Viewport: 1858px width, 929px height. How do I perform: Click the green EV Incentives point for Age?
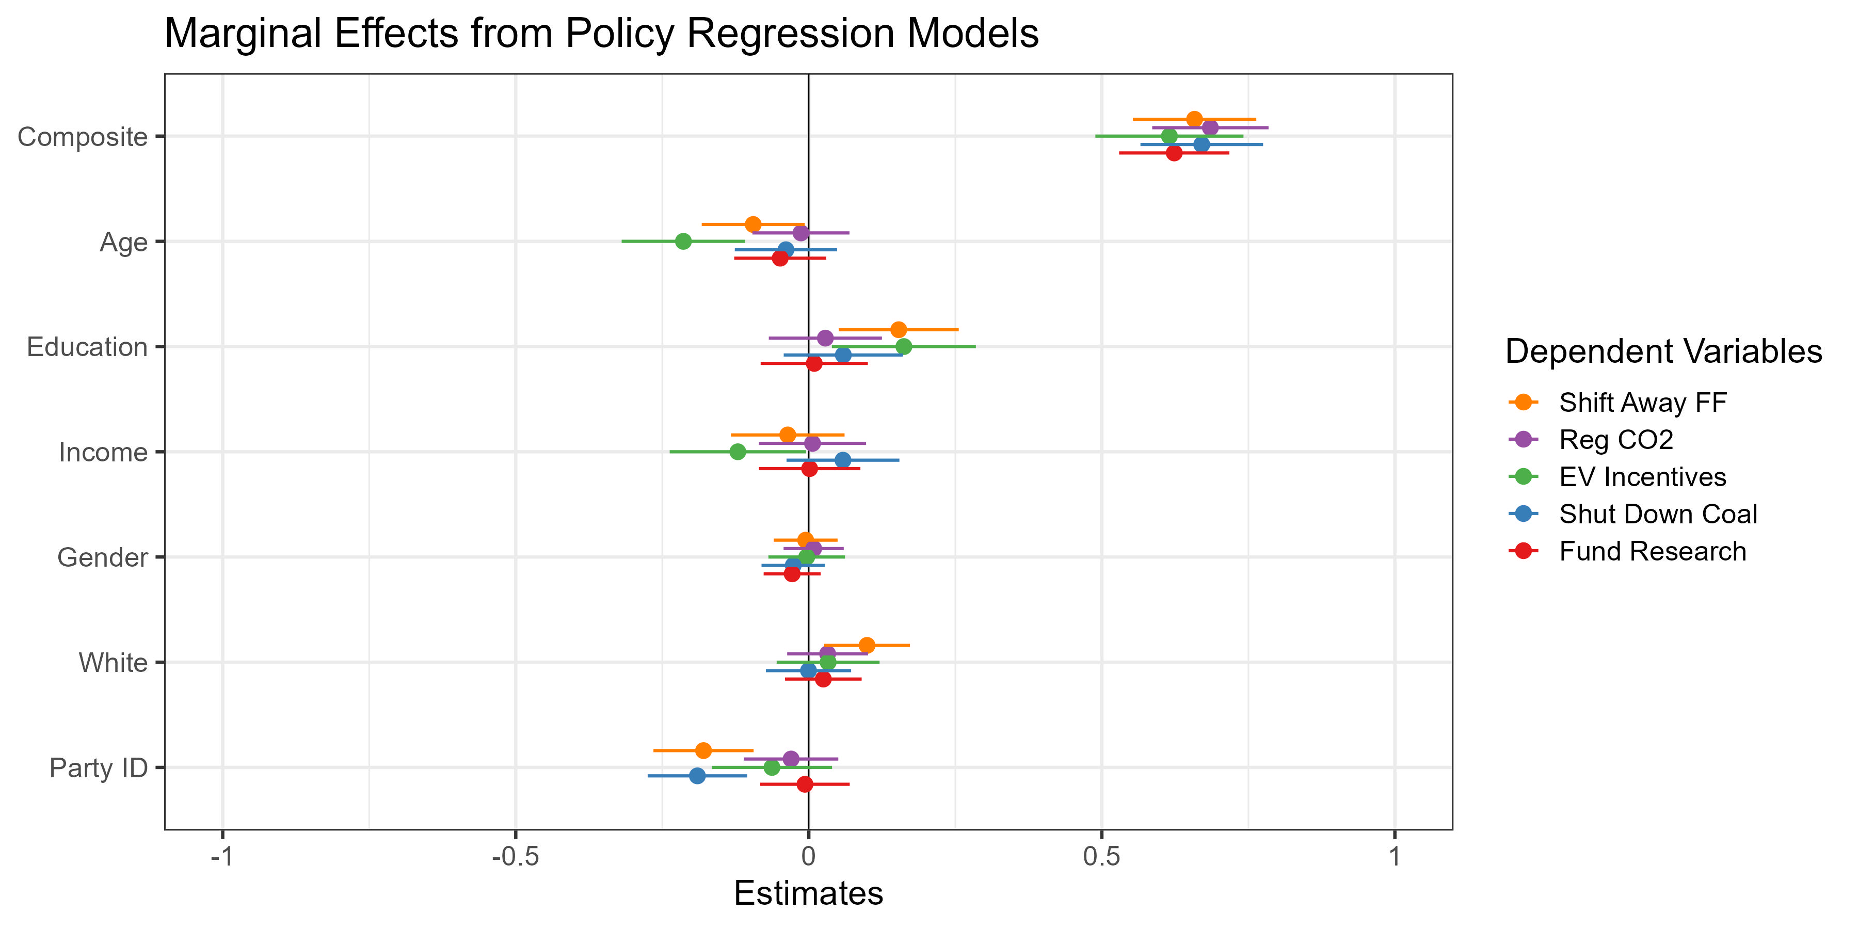(x=683, y=241)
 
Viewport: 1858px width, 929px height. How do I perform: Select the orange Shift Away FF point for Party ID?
(x=703, y=750)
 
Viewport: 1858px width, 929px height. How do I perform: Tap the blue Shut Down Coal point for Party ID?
(x=697, y=775)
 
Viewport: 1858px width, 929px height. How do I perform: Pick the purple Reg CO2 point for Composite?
(x=1210, y=127)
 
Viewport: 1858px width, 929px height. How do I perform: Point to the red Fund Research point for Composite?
(x=1174, y=153)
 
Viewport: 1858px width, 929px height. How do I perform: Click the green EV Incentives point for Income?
(x=737, y=452)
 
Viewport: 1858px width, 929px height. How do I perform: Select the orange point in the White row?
(x=867, y=645)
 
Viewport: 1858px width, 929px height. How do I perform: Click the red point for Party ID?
(x=805, y=784)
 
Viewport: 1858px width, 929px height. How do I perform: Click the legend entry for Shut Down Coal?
(x=1657, y=514)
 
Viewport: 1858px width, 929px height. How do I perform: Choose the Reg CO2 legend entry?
(x=1615, y=439)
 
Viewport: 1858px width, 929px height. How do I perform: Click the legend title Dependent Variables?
(x=1663, y=352)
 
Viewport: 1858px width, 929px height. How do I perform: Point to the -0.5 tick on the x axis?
(x=515, y=857)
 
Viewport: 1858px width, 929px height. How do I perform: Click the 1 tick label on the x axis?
(x=1395, y=857)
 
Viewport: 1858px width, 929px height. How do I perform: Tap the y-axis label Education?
(x=87, y=347)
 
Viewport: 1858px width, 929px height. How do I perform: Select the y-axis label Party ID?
(x=98, y=768)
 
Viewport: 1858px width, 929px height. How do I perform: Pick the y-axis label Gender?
(x=102, y=557)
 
